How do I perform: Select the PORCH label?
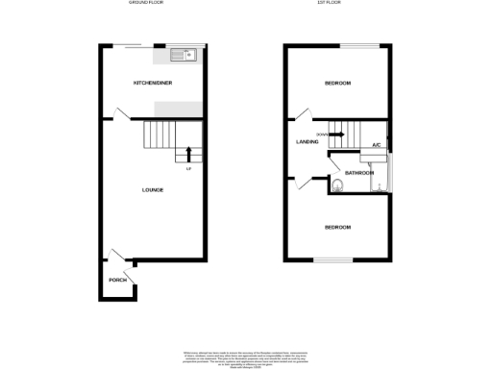[x=117, y=280]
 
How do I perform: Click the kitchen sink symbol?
[x=182, y=54]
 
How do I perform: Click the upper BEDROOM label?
[x=336, y=84]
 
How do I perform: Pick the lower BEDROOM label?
[x=336, y=228]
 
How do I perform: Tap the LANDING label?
[x=307, y=142]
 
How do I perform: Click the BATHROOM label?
[x=358, y=173]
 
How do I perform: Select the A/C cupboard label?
[x=376, y=145]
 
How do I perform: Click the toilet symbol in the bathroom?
[x=337, y=185]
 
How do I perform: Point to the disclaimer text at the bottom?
[x=247, y=358]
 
